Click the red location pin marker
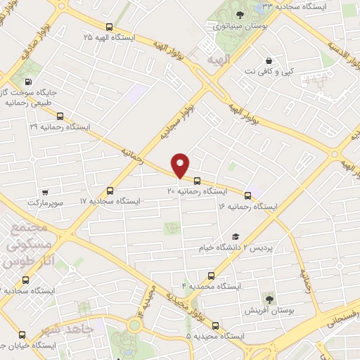coord(181,165)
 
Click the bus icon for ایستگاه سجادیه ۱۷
coord(110,191)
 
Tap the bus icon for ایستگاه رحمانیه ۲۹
coord(60,116)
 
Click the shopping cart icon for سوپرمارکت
coord(45,192)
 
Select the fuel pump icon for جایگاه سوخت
coord(46,80)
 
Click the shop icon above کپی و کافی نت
coord(268,60)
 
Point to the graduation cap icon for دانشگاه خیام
coord(236,238)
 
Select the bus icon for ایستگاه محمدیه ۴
coord(211,276)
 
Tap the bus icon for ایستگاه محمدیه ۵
coord(215,326)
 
